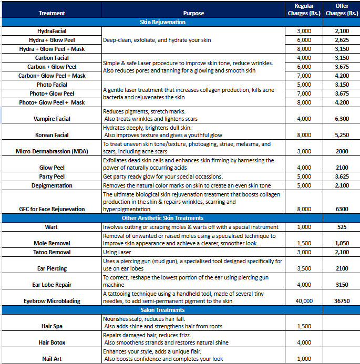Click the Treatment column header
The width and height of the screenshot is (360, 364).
(x=52, y=13)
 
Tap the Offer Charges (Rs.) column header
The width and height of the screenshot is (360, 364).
(x=342, y=9)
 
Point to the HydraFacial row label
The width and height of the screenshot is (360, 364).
(x=52, y=32)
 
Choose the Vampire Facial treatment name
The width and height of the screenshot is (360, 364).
(x=52, y=119)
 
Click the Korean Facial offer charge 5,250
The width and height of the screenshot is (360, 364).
(x=342, y=135)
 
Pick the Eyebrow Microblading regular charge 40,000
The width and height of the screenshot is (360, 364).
(x=304, y=301)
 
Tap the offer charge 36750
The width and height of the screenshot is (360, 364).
(x=342, y=301)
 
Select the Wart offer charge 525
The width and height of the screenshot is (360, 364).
(x=342, y=227)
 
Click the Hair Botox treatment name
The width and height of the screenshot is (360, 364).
(x=52, y=342)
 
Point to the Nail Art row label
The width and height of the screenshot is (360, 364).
(x=52, y=359)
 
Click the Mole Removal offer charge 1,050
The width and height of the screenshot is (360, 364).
(x=342, y=243)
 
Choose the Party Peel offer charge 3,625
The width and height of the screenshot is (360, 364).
(x=342, y=176)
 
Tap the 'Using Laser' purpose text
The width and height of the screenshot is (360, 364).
(x=117, y=252)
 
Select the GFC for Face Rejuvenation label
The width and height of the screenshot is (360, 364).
(x=52, y=209)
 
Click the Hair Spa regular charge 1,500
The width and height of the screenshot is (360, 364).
(x=304, y=326)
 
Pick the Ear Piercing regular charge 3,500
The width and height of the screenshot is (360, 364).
(x=304, y=268)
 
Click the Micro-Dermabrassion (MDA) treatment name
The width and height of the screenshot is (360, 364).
(x=52, y=151)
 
